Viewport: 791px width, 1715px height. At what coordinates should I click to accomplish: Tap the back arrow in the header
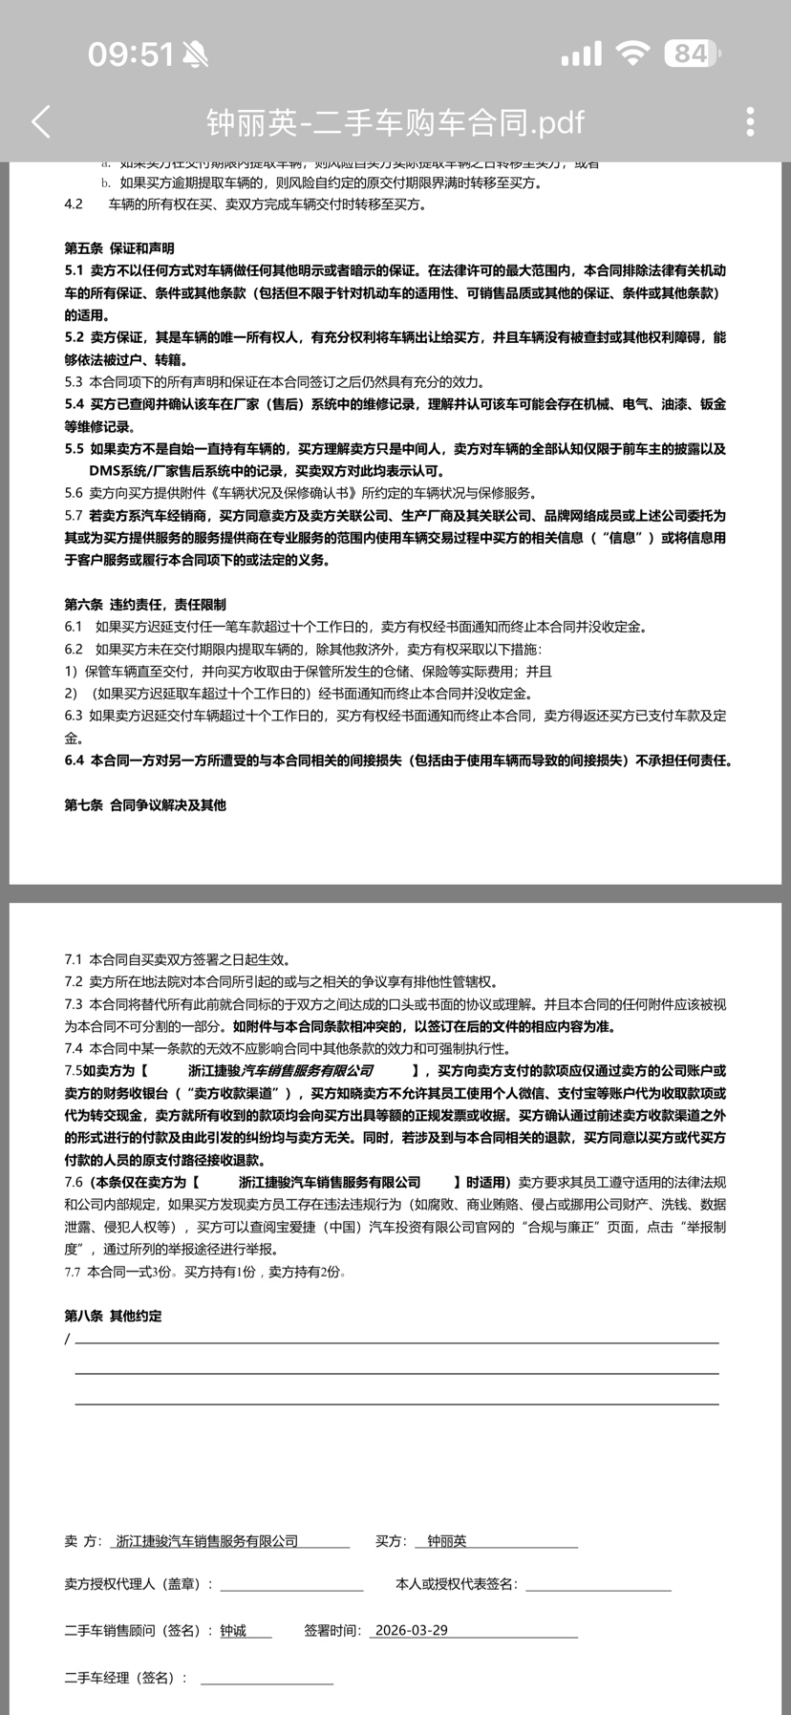point(41,121)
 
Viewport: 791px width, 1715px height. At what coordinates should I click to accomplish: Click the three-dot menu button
point(750,121)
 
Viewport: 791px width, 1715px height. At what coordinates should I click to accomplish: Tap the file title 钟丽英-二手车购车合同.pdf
point(395,122)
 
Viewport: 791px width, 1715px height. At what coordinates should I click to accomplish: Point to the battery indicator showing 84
point(692,54)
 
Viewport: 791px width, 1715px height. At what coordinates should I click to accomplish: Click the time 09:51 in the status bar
point(131,54)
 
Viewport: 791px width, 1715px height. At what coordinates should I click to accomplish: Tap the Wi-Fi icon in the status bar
point(631,54)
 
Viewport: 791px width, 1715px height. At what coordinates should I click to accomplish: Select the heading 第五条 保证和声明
point(119,248)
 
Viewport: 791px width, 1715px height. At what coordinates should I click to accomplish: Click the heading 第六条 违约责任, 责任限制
point(145,605)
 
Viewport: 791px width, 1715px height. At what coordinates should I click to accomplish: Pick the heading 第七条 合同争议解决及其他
point(145,805)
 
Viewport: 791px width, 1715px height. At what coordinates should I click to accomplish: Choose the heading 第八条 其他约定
point(113,1316)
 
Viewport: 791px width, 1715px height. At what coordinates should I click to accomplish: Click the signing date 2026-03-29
point(412,1631)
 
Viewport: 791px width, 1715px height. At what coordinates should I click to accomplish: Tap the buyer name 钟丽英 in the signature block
point(447,1541)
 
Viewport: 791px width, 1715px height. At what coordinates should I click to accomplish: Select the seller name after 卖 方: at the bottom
point(206,1541)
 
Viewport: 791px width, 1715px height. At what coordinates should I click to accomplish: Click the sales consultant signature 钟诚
point(233,1631)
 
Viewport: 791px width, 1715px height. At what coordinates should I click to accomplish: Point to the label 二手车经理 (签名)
point(125,1678)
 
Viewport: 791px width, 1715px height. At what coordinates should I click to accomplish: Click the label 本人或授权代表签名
point(456,1584)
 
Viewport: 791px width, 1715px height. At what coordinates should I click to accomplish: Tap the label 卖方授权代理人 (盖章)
point(139,1584)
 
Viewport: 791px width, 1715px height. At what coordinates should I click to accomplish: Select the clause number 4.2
point(74,204)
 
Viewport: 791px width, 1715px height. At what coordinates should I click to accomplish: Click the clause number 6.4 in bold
point(75,761)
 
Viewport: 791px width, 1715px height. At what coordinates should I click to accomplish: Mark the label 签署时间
point(332,1631)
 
